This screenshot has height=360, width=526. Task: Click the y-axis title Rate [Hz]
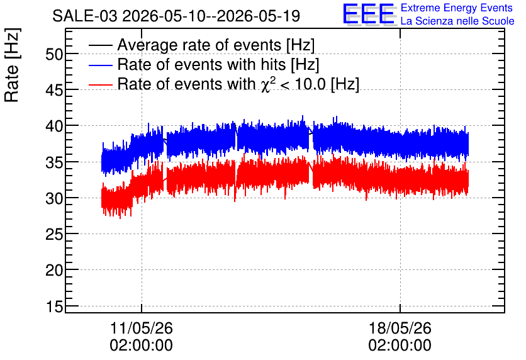pos(11,65)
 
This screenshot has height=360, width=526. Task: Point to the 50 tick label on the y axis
pos(54,54)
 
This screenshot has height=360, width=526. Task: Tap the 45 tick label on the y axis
pos(54,90)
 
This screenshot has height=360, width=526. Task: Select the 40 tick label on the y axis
pos(54,126)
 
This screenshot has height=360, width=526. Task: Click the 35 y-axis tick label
pos(54,162)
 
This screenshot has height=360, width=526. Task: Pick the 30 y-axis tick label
pos(54,198)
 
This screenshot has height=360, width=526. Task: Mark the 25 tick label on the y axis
pos(54,234)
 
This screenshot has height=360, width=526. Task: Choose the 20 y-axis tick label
pos(54,270)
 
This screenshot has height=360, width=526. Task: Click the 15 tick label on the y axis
pos(54,307)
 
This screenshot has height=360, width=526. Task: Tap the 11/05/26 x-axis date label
pos(141,328)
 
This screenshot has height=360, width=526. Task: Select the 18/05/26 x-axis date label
pos(400,328)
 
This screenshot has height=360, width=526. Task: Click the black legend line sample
pos(100,45)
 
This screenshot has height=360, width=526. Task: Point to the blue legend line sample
pos(100,65)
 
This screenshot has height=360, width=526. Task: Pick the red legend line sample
pos(100,84)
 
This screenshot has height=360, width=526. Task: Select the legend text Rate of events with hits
pos(201,64)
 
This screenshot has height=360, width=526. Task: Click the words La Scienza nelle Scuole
pos(457,21)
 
